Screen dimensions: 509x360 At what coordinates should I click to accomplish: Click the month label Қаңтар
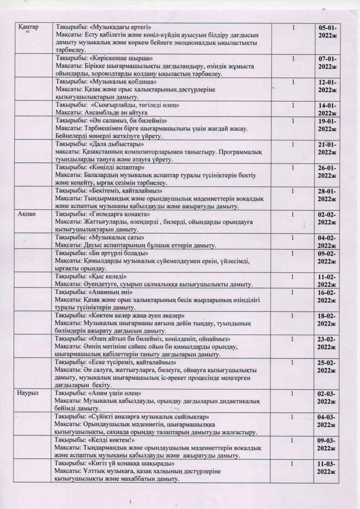tap(28, 26)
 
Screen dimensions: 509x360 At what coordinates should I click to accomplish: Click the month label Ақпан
tap(26, 214)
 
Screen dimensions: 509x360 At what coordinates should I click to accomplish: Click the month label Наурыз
tap(28, 394)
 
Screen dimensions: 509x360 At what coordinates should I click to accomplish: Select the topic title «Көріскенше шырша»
tap(116, 59)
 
